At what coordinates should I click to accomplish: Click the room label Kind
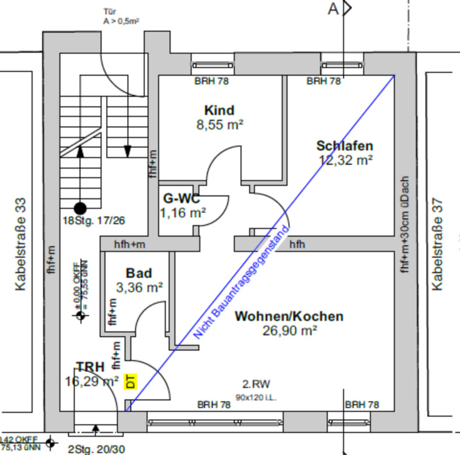[x=219, y=110]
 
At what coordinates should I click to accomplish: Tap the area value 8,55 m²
[x=219, y=126]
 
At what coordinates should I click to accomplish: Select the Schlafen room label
[x=345, y=146]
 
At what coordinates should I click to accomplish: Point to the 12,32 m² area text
[x=345, y=160]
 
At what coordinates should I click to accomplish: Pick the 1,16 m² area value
[x=183, y=212]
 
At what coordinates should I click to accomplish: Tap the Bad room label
[x=139, y=273]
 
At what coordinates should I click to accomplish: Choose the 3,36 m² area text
[x=140, y=288]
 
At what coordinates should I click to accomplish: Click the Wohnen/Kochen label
[x=289, y=316]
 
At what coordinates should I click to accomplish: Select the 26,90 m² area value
[x=290, y=331]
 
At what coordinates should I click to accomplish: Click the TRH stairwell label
[x=90, y=366]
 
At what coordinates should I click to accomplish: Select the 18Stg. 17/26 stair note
[x=93, y=220]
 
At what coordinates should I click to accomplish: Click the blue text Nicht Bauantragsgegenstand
[x=242, y=286]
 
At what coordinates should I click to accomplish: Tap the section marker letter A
[x=333, y=8]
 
